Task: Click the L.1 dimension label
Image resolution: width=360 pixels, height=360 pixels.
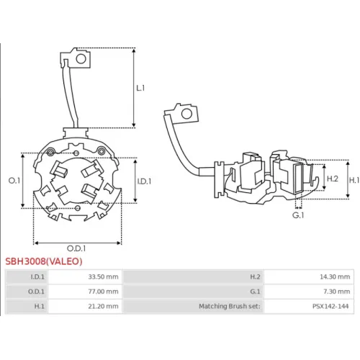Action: point(140,88)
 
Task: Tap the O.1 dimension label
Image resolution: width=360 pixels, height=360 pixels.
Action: point(14,181)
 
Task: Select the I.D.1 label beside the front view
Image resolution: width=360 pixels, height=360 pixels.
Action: point(144,181)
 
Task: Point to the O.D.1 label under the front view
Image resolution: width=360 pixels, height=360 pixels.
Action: point(76,248)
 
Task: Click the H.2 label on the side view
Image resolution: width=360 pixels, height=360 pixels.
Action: point(333,179)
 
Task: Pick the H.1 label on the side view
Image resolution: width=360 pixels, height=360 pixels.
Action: point(354,180)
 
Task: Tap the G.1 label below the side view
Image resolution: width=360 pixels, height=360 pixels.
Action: point(298,215)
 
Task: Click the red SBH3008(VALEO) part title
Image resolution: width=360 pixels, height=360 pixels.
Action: point(44,261)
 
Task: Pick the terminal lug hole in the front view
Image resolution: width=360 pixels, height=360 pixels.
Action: point(81,59)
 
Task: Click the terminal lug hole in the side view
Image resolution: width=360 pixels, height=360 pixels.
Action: point(186,114)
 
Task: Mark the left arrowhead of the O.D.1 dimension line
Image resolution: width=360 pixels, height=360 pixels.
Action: point(36,243)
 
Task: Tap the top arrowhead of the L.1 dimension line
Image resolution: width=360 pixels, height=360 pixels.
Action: point(134,50)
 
